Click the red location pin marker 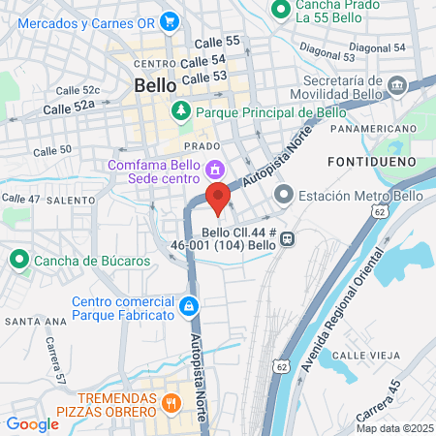[218, 198]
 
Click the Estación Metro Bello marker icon [284, 196]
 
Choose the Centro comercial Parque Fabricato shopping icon [189, 307]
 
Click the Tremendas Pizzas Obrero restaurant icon [171, 404]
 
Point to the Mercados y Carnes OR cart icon [171, 19]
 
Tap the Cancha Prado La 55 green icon [281, 11]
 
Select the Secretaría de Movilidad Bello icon [397, 87]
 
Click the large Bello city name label [154, 85]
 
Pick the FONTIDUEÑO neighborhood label [371, 160]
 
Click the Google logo [32, 423]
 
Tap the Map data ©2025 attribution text [394, 428]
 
